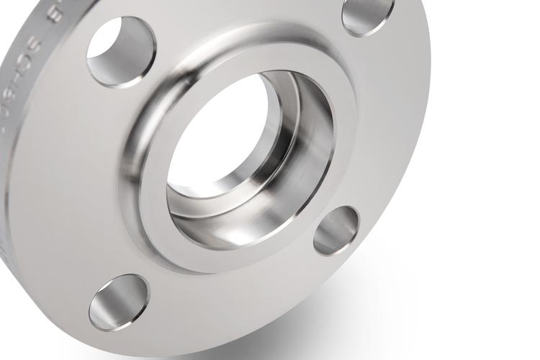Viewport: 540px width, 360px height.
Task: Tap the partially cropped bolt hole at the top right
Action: click(x=367, y=14)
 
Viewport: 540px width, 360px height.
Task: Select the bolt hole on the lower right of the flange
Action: click(x=336, y=230)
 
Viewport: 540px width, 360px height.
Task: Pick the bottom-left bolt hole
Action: click(x=119, y=302)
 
